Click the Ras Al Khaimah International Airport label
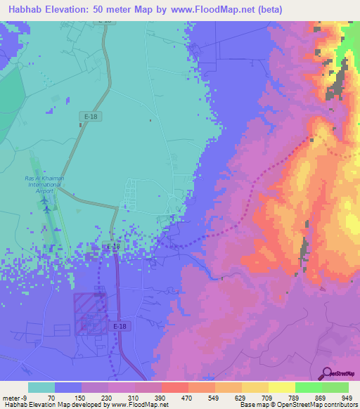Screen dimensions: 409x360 pyautogui.click(x=44, y=185)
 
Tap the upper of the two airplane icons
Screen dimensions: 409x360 pyautogui.click(x=45, y=200)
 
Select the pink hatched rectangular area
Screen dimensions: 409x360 pyautogui.click(x=90, y=313)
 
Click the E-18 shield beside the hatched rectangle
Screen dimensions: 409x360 pyautogui.click(x=119, y=325)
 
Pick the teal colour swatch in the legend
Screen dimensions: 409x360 pyautogui.click(x=41, y=387)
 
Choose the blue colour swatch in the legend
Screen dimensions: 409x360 pyautogui.click(x=67, y=387)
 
